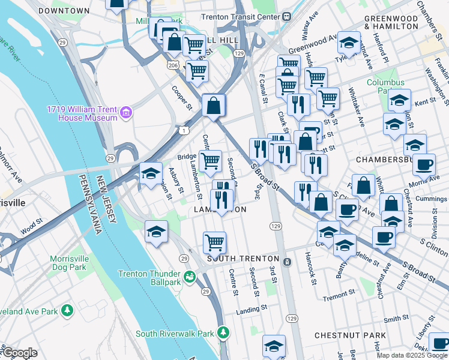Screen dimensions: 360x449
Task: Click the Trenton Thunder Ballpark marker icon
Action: point(190,277)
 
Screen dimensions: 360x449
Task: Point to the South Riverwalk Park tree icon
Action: point(223,332)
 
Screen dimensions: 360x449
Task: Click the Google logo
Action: point(19,353)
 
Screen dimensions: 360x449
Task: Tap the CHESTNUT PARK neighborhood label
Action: point(352,334)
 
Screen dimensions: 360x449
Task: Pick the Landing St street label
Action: point(251,309)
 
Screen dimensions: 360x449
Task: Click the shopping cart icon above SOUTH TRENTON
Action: point(214,243)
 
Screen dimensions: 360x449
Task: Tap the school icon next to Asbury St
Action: point(151,173)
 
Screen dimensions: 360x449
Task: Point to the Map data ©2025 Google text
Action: point(412,355)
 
